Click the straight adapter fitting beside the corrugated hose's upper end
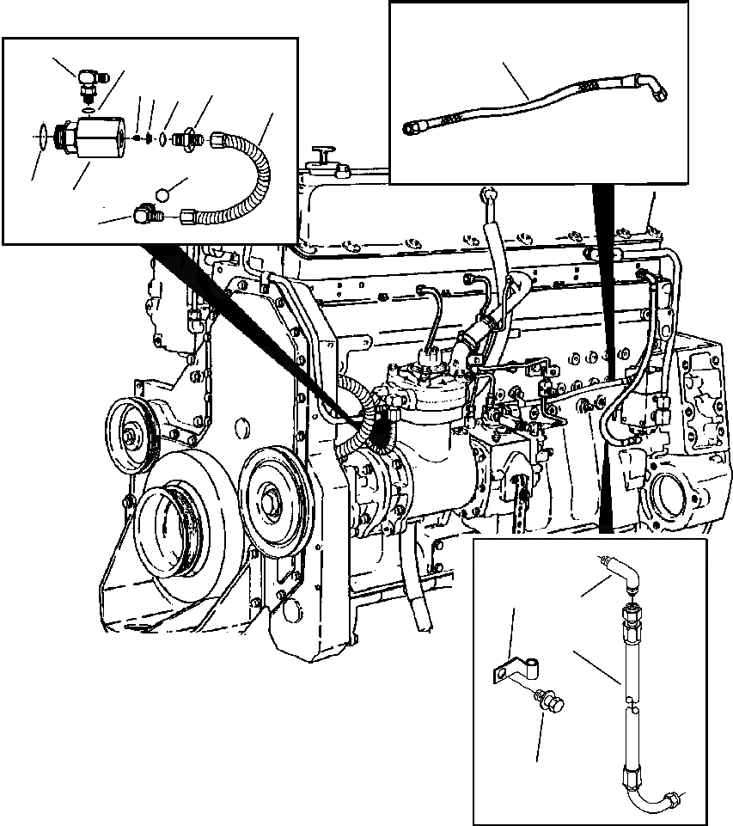(x=185, y=138)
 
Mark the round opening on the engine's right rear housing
(x=671, y=495)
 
